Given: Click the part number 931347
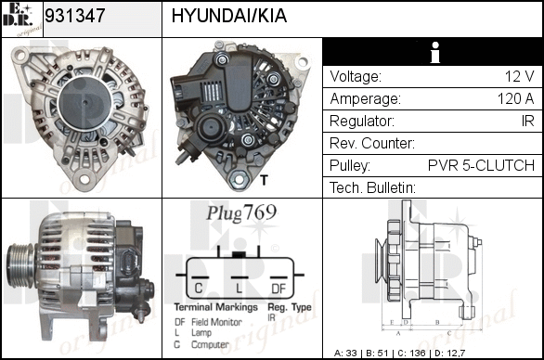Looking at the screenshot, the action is tap(75, 15).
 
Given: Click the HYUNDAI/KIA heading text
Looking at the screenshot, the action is tap(229, 16).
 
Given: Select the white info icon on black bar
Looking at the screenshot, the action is tap(434, 52).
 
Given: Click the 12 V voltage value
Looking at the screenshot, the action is tap(519, 76).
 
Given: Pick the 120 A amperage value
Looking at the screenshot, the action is tap(515, 99).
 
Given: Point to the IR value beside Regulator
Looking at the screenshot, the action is tap(527, 121).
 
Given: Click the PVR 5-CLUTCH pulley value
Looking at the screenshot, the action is tap(481, 165).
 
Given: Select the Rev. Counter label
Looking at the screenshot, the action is tap(372, 143).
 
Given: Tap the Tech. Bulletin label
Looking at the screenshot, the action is tap(372, 187).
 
